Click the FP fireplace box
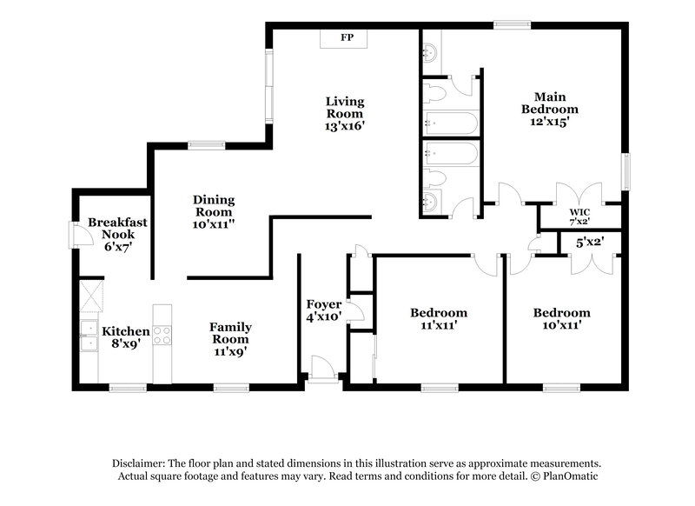pyautogui.click(x=345, y=38)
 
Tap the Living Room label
pyautogui.click(x=345, y=113)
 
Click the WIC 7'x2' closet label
pyautogui.click(x=579, y=216)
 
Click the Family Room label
pyautogui.click(x=230, y=340)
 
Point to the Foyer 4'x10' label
pyautogui.click(x=323, y=310)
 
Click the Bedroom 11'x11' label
pyautogui.click(x=438, y=319)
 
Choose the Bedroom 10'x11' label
pyautogui.click(x=561, y=319)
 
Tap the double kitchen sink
pyautogui.click(x=88, y=336)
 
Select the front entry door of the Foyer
pyautogui.click(x=322, y=370)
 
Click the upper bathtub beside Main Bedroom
pyautogui.click(x=448, y=122)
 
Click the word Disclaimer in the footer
pyautogui.click(x=141, y=464)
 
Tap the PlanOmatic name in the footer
pyautogui.click(x=567, y=477)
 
